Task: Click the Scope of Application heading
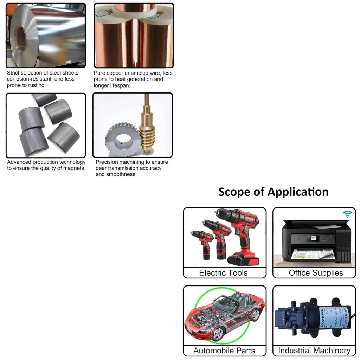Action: click(x=273, y=192)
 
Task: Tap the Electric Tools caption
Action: click(x=223, y=273)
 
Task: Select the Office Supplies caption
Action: click(x=316, y=273)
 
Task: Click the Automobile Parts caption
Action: click(x=224, y=351)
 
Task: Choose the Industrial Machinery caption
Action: click(x=314, y=351)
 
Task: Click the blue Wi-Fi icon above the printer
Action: click(x=347, y=214)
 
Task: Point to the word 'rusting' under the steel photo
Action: click(x=37, y=85)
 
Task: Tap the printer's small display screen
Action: click(x=311, y=238)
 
